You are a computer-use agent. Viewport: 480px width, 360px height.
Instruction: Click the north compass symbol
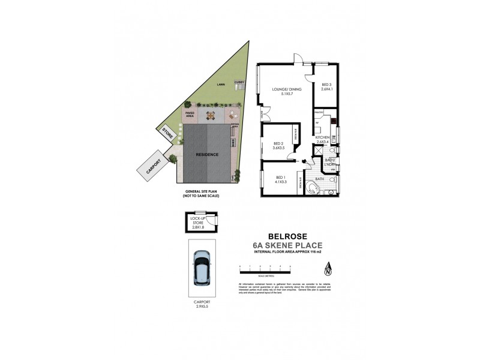(x=327, y=269)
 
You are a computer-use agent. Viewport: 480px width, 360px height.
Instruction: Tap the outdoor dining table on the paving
(x=211, y=115)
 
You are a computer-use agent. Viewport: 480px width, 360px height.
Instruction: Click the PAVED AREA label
(x=190, y=114)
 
